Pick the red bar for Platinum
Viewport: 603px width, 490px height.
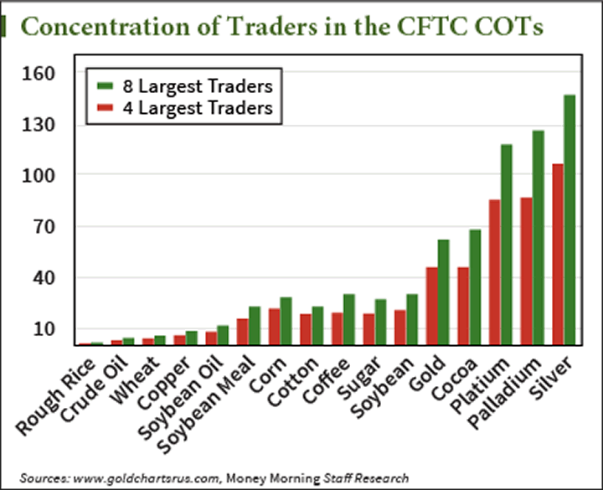click(x=495, y=271)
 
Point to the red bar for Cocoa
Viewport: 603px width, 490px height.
click(x=463, y=305)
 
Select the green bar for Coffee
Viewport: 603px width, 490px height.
click(x=348, y=319)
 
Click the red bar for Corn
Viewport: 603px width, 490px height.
click(x=274, y=326)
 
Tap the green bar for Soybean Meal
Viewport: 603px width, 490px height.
click(x=254, y=325)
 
